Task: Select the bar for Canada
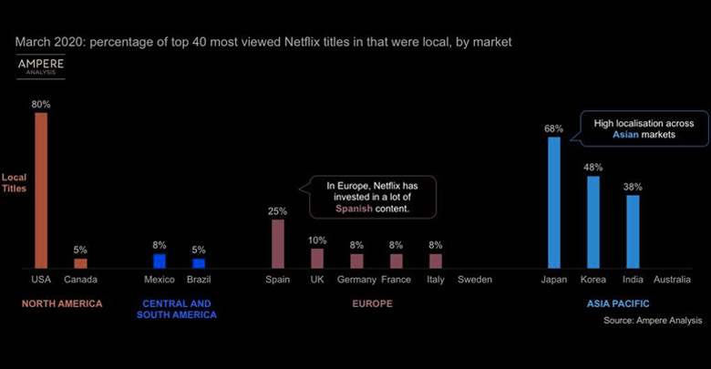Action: tap(80, 263)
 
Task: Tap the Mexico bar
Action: tap(160, 261)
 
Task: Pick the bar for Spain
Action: tap(277, 243)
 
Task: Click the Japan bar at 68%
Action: tap(553, 202)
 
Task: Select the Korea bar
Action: tap(593, 221)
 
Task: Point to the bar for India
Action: tap(633, 231)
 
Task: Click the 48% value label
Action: tap(593, 168)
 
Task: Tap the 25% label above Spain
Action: tap(277, 211)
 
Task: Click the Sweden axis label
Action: tap(475, 280)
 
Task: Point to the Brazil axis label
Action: tap(199, 280)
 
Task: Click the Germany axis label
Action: tap(356, 280)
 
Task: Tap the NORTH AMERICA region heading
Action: tap(61, 302)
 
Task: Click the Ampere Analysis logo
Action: tap(40, 67)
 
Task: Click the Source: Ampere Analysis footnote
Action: tap(652, 321)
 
